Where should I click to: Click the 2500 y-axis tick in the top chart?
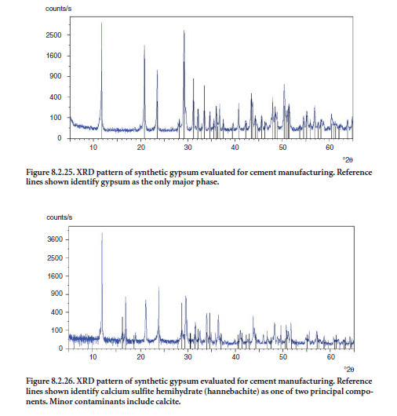(53, 35)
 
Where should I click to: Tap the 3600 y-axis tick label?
(55, 239)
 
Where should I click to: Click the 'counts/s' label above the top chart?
(58, 9)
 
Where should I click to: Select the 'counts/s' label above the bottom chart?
(60, 217)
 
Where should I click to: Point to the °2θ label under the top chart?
(348, 159)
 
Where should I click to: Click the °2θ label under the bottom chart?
(349, 370)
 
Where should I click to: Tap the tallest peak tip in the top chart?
(101, 23)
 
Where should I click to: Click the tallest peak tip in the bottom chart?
(102, 232)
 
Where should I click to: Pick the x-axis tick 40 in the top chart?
(235, 148)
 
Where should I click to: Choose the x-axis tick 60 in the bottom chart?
(330, 357)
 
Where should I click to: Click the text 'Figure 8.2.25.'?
(50, 173)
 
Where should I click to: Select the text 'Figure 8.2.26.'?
(50, 381)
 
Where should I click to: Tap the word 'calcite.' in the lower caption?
(168, 401)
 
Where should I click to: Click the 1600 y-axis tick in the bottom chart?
(55, 276)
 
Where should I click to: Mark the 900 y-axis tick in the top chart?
(56, 76)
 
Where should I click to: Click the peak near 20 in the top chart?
(144, 45)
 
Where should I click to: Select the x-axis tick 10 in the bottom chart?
(93, 357)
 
